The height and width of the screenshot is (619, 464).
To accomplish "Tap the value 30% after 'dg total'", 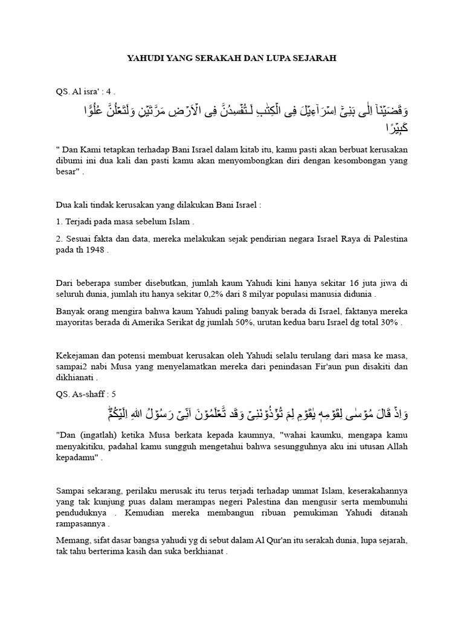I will [x=389, y=323].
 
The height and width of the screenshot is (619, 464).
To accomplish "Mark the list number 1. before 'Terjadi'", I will [x=59, y=222].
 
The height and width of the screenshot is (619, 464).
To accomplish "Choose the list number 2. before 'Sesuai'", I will [x=59, y=239].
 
